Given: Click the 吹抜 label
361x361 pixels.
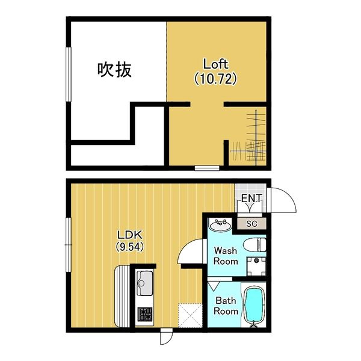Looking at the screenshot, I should (x=114, y=70).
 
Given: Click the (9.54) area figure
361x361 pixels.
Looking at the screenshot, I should (x=129, y=246).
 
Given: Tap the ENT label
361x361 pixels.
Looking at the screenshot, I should (x=250, y=199).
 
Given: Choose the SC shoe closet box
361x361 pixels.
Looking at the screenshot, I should (x=252, y=224).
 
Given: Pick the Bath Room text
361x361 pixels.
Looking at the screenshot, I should (x=227, y=306).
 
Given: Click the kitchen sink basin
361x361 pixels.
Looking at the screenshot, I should (x=145, y=280).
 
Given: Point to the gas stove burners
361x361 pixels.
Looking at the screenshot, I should (x=145, y=313).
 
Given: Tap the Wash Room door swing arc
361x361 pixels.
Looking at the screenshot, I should (x=191, y=251).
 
